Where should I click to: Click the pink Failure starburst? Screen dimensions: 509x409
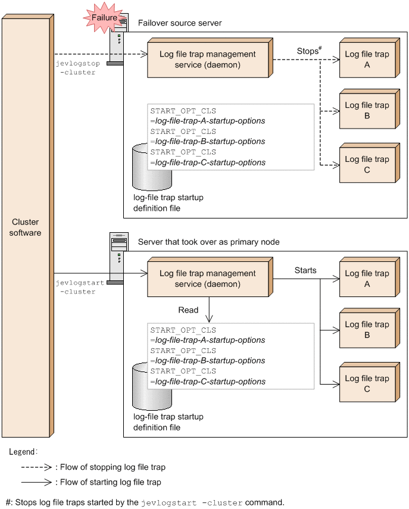(104, 18)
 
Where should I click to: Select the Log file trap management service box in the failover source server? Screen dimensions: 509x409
(207, 60)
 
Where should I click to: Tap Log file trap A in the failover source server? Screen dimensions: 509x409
(366, 60)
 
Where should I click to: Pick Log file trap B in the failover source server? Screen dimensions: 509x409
(366, 110)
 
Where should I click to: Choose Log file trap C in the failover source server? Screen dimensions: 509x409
(366, 164)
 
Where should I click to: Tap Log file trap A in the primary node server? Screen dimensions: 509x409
(366, 279)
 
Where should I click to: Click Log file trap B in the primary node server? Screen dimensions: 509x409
(366, 330)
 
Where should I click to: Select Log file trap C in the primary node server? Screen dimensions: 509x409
(366, 383)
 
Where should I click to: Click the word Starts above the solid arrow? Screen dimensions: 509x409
(305, 270)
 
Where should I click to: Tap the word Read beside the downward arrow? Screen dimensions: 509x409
(188, 310)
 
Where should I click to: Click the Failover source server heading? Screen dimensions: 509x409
(179, 23)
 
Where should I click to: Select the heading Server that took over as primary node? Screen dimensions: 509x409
(208, 242)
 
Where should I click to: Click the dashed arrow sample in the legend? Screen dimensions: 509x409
(37, 467)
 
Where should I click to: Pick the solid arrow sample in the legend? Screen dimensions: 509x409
(37, 482)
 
